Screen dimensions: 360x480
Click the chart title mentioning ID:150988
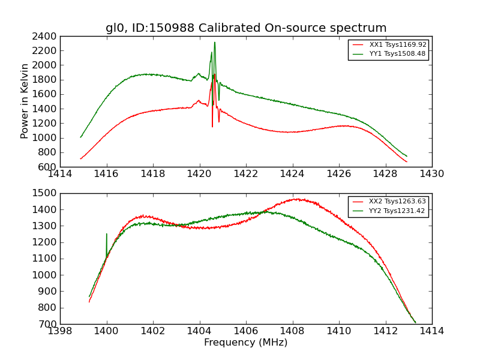pos(246,28)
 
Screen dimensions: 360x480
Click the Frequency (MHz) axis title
pos(246,343)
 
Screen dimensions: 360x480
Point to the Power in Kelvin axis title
pos(25,101)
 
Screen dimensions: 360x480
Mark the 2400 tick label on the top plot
pos(46,36)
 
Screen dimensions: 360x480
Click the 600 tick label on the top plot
pos(48,167)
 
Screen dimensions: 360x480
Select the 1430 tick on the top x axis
pos(432,174)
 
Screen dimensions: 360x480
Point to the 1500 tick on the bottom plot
pos(46,193)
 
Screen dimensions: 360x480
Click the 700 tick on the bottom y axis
pos(48,324)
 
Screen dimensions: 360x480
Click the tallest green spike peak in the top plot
pos(215,43)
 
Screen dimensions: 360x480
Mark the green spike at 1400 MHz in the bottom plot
pos(107,235)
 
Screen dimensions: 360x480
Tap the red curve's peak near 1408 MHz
pos(297,199)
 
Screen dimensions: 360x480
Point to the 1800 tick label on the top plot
pos(46,80)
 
